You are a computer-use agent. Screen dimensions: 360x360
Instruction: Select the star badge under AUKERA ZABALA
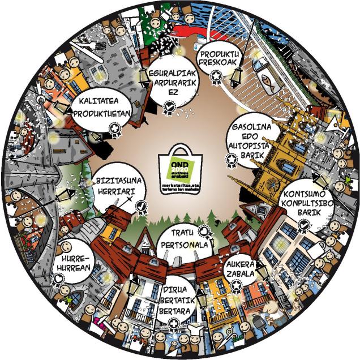[x=237, y=285]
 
